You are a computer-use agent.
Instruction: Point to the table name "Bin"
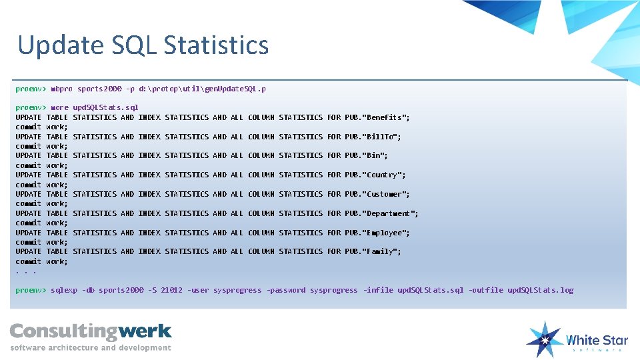(375, 156)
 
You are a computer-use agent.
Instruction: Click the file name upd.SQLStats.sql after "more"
(105, 107)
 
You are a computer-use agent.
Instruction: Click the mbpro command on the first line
(61, 89)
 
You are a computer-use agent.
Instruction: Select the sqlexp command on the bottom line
(64, 291)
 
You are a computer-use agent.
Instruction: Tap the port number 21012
(172, 291)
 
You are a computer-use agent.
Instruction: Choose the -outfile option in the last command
(485, 291)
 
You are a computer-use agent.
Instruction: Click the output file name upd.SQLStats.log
(540, 291)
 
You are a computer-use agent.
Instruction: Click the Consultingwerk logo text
(91, 331)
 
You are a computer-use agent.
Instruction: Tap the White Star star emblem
(545, 339)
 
